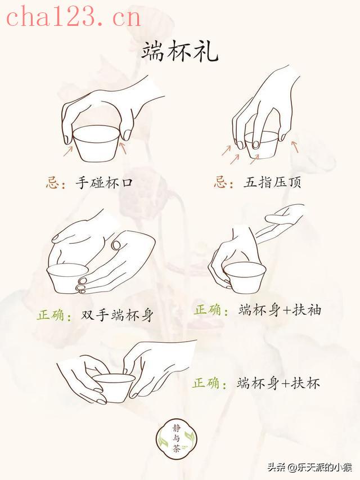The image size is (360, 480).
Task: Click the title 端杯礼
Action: click(x=180, y=51)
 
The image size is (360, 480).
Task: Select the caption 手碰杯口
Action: click(x=105, y=183)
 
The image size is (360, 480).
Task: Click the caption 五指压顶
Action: click(x=272, y=182)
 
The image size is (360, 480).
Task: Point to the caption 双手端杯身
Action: click(x=116, y=315)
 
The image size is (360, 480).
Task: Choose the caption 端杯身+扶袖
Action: click(x=280, y=310)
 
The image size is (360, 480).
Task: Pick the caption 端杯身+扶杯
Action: click(x=278, y=383)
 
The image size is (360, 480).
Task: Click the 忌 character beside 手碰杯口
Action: click(x=52, y=182)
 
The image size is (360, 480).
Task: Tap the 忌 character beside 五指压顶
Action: click(x=220, y=182)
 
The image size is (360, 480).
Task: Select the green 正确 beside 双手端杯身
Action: click(x=51, y=315)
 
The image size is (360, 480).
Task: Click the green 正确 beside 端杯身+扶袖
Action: click(x=208, y=309)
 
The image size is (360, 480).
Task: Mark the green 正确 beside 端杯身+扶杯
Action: click(x=206, y=383)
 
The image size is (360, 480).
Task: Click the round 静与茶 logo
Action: click(x=176, y=439)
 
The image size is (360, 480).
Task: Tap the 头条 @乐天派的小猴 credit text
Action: click(x=310, y=467)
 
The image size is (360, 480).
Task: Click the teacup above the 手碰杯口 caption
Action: click(x=96, y=144)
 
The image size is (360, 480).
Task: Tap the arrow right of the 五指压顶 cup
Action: click(x=295, y=146)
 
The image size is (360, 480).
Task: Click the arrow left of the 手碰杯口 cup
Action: click(x=68, y=151)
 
